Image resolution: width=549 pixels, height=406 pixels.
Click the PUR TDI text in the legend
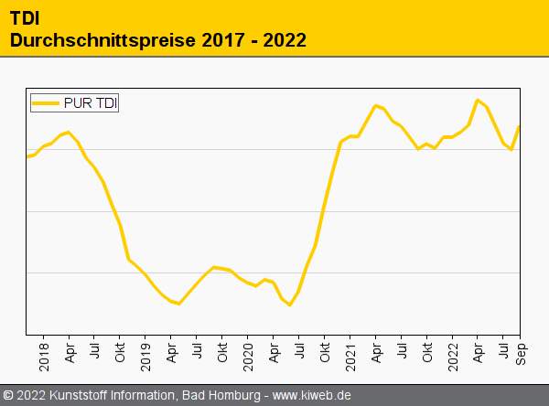91,103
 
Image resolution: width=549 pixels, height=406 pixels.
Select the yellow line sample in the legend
46,103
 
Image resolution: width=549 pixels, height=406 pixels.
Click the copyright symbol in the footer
8,396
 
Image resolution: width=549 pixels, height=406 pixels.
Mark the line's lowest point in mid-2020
290,304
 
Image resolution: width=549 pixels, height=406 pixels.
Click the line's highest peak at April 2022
478,100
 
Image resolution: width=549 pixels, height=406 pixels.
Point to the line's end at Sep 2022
520,126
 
